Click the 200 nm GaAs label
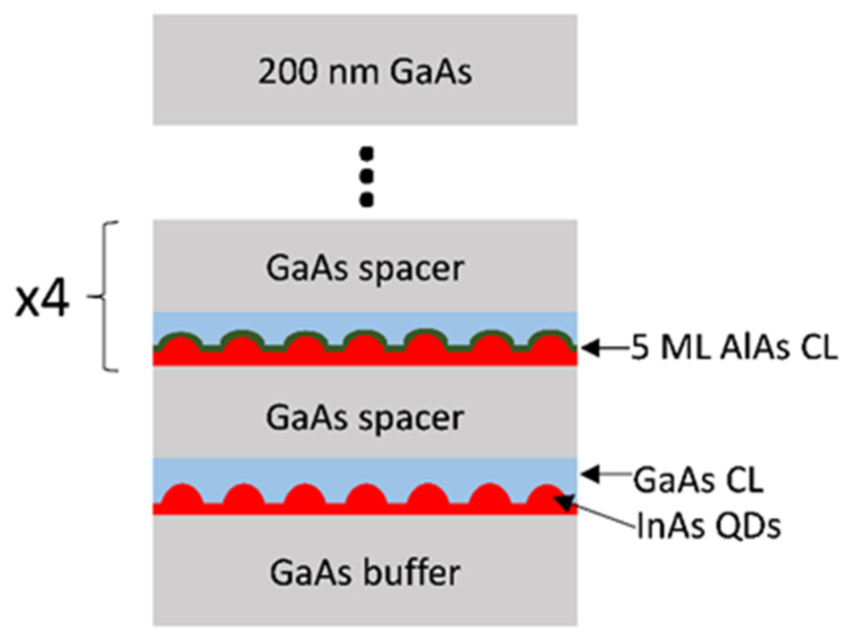coord(365,72)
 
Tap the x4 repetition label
coord(41,302)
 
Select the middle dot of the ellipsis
coord(366,176)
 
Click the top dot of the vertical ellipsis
coord(366,152)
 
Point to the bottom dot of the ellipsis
coord(366,200)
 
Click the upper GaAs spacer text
coord(365,268)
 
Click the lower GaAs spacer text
coord(365,418)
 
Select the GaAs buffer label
coord(365,573)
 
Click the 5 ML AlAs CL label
coord(734,348)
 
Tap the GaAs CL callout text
coord(698,480)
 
